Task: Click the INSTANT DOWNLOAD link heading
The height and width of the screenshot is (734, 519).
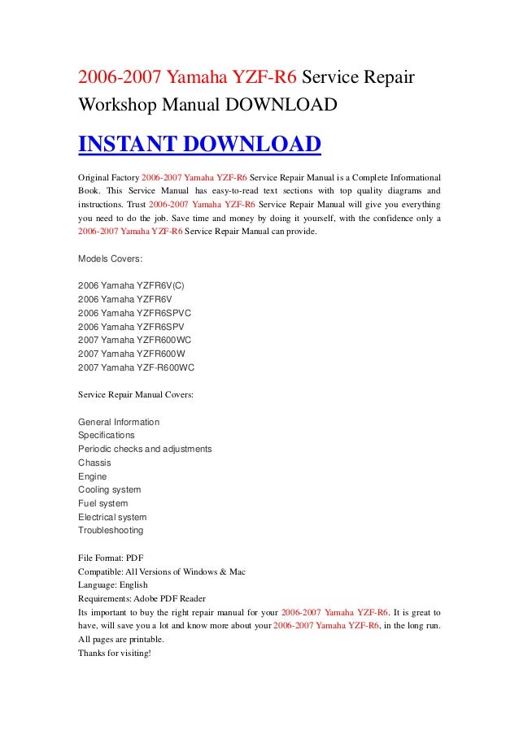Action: pos(199,145)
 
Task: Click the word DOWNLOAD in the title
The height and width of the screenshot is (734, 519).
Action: pos(284,105)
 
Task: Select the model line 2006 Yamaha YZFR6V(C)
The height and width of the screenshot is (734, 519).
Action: pos(137,285)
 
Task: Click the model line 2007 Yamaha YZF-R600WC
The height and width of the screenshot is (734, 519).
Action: pos(137,367)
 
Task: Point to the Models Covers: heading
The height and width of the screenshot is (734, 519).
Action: pos(111,258)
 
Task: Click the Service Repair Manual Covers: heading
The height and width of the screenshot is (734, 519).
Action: pos(136,394)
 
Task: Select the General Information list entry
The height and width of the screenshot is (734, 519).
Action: pos(119,422)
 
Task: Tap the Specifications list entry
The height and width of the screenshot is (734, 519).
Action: pos(107,435)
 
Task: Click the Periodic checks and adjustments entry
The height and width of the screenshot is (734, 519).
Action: pos(145,449)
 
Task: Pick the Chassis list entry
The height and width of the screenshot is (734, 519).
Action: pos(94,463)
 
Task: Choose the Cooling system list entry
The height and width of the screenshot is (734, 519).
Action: pos(109,489)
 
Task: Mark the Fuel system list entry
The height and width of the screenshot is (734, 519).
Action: pos(102,503)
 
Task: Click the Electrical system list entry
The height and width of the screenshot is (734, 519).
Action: pos(112,517)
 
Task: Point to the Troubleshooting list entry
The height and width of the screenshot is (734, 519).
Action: pos(111,530)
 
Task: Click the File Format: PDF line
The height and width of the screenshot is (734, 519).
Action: pos(111,558)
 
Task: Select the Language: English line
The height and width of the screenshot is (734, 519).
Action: pos(113,584)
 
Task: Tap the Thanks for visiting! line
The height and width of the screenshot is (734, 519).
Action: pos(115,653)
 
